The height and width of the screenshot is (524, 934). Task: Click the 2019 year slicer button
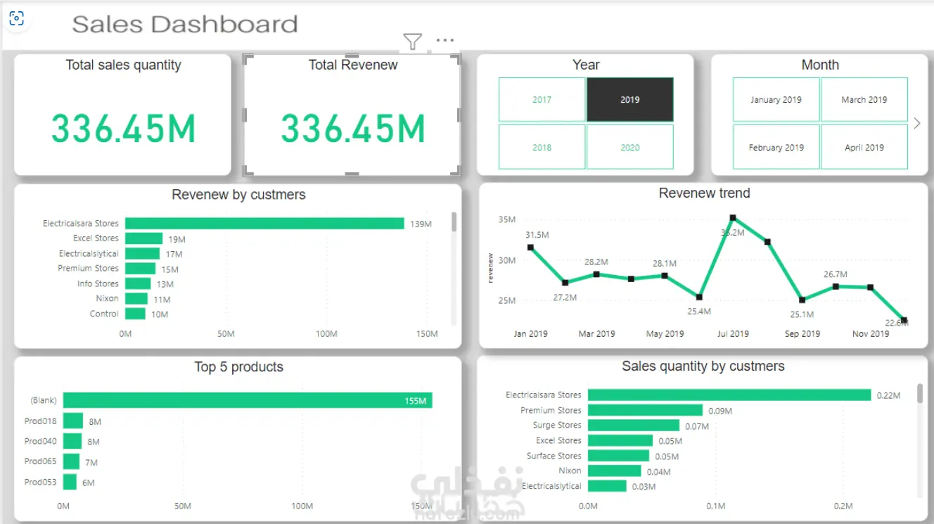pos(629,100)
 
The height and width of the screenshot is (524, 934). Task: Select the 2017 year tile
pos(542,100)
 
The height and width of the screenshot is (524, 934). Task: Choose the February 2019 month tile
pos(776,147)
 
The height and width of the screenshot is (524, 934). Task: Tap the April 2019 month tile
pos(864,147)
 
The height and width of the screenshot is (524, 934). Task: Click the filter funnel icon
pos(412,41)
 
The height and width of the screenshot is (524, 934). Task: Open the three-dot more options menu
pos(445,40)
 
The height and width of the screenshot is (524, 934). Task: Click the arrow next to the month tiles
pos(917,123)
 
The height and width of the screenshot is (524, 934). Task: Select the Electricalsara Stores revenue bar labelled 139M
pos(264,224)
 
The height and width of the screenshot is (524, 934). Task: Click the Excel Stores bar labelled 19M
pos(143,238)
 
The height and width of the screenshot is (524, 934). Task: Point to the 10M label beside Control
pos(160,314)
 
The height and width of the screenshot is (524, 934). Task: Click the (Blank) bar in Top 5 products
pos(248,400)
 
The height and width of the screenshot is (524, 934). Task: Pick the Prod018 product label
pos(40,421)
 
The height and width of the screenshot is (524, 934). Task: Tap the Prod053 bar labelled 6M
pos(70,482)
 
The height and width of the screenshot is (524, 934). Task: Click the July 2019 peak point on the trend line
pos(733,217)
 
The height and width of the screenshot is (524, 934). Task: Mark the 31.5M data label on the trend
pos(537,235)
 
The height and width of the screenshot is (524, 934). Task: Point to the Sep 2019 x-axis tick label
pos(802,334)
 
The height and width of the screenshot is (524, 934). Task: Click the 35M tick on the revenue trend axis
pos(507,219)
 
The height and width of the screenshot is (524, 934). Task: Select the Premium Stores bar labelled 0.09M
pos(645,410)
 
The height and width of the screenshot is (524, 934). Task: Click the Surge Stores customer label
pos(556,426)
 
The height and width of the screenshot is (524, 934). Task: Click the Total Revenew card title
pos(353,65)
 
